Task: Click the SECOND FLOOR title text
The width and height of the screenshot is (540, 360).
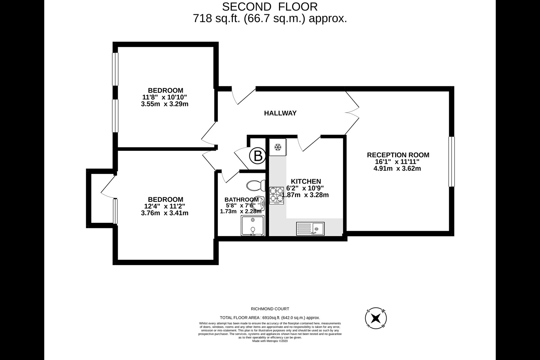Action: click(270, 6)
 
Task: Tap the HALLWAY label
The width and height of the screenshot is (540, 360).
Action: click(280, 113)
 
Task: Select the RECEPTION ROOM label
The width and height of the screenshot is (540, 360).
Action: click(398, 155)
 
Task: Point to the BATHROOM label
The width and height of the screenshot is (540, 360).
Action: click(241, 199)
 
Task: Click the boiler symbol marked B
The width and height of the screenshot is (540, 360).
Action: click(258, 156)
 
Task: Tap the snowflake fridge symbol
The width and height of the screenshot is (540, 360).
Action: click(278, 147)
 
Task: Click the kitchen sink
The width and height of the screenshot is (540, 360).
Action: click(310, 228)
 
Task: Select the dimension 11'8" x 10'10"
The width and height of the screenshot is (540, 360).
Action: click(165, 97)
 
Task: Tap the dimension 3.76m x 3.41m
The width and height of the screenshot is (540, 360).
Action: click(165, 213)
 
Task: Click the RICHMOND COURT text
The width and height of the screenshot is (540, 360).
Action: click(270, 309)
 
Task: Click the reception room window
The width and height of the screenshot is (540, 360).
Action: click(451, 162)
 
